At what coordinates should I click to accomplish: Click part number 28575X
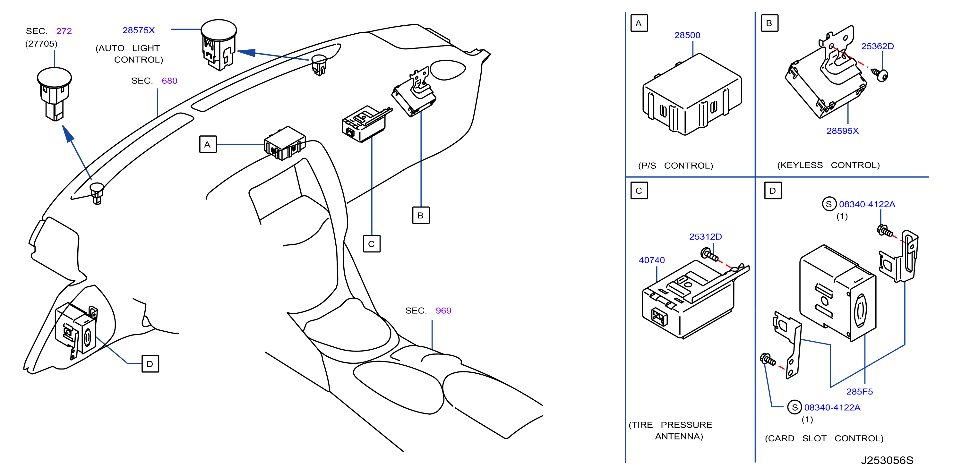(x=138, y=30)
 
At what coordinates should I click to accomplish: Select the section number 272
(x=64, y=31)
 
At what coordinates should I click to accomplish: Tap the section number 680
(x=169, y=81)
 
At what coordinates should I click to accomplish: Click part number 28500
(x=687, y=35)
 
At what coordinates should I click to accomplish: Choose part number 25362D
(x=877, y=46)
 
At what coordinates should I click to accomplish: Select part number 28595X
(x=842, y=131)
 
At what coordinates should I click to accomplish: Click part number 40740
(x=651, y=260)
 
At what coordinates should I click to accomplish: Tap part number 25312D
(x=705, y=236)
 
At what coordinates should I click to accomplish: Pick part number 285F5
(x=859, y=391)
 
